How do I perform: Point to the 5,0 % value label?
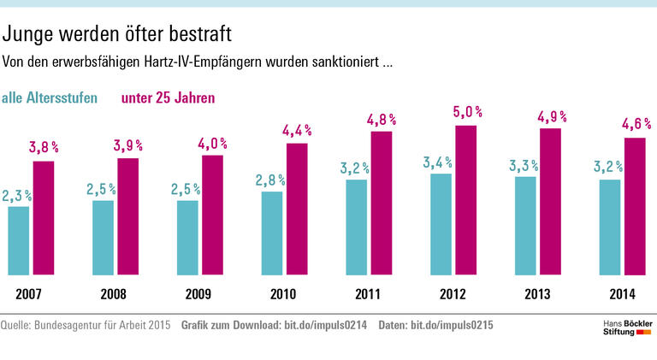click(468, 112)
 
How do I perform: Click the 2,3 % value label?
click(16, 196)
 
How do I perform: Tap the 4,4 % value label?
click(297, 130)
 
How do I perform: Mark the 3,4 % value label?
click(441, 162)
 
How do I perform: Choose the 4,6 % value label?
click(636, 124)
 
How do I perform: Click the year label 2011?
click(368, 295)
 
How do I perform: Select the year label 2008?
click(114, 295)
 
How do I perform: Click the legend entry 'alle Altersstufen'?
click(50, 98)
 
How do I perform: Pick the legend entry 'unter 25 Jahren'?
click(168, 98)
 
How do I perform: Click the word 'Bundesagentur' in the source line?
click(74, 326)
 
